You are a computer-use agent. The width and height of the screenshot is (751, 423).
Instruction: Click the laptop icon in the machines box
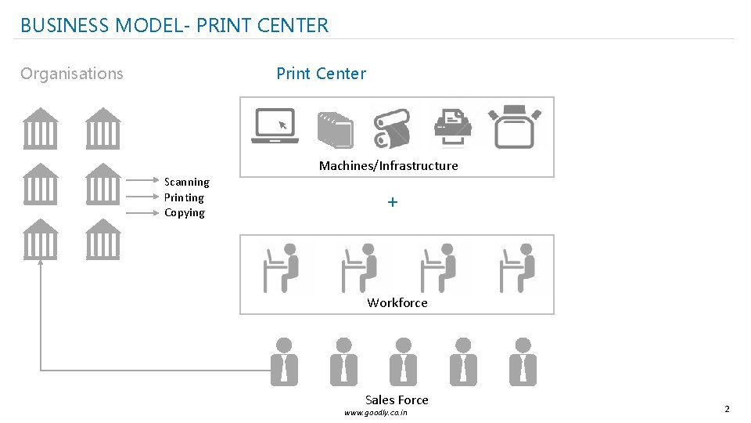coord(275,125)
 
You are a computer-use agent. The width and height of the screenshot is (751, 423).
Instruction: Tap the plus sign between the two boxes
coord(393,202)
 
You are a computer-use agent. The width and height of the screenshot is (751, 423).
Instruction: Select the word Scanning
coord(186,182)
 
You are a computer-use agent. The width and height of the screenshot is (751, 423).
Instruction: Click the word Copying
coord(185,213)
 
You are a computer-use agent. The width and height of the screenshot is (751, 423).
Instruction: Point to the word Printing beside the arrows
coord(184,197)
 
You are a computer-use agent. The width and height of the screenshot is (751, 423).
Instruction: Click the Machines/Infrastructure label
coord(388,165)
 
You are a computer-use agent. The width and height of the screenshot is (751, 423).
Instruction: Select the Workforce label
coord(397,302)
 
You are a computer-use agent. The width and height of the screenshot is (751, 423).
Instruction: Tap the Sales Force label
coord(397,399)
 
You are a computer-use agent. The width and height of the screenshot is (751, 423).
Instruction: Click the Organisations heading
coord(72,74)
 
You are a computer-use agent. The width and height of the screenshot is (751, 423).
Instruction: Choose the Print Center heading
coord(321,74)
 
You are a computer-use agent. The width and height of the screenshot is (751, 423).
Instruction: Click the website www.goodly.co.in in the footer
coord(375,413)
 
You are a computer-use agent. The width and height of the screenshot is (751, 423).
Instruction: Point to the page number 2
coord(727,409)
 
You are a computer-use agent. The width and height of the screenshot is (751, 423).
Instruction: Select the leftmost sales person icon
coord(284,362)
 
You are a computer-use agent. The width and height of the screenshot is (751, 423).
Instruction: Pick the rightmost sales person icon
coord(522,362)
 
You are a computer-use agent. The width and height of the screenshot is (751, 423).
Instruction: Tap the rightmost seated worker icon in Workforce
coord(518,267)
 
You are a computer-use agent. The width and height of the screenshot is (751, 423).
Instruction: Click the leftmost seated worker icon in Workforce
coord(282,267)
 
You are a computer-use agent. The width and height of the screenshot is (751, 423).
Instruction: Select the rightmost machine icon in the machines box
coord(514,125)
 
